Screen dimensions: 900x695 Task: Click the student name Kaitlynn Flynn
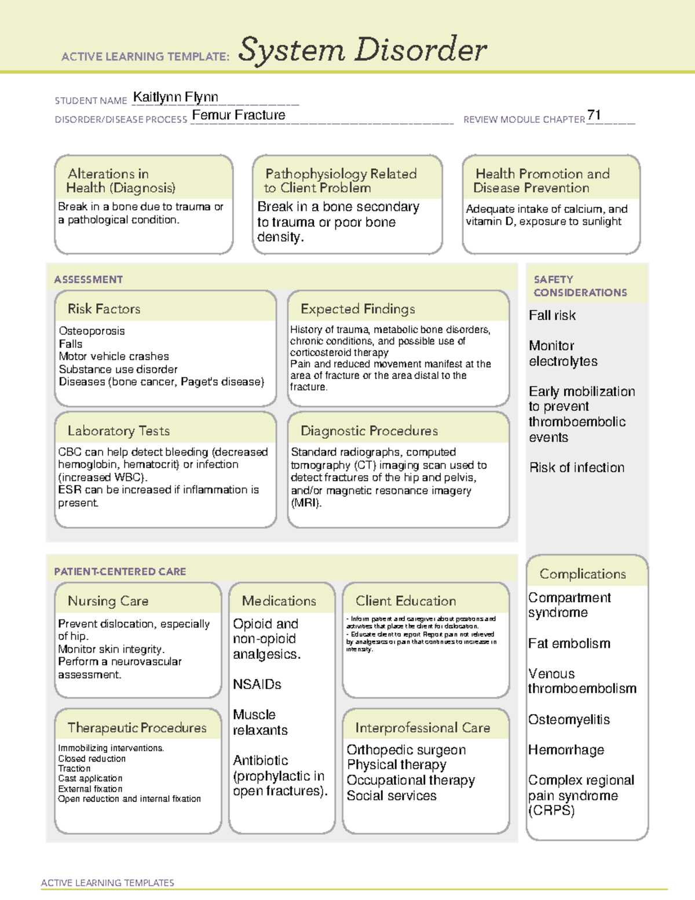tap(175, 97)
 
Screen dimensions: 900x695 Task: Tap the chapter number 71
tap(594, 115)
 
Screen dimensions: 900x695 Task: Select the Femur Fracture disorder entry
tap(239, 115)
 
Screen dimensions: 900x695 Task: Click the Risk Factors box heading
tap(104, 309)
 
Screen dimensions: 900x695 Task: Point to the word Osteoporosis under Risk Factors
tap(92, 331)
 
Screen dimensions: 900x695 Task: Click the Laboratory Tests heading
tap(118, 431)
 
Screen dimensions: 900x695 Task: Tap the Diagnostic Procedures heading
tap(369, 431)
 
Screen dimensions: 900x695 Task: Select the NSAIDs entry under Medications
tap(257, 684)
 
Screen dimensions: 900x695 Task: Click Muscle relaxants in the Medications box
tap(259, 722)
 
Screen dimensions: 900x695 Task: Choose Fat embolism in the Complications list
tap(569, 643)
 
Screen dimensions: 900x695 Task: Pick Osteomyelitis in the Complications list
tap(568, 720)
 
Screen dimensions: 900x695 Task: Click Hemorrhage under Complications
tap(566, 750)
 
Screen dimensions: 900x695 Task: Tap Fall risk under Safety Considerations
tap(552, 316)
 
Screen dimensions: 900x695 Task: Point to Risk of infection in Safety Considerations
tap(576, 468)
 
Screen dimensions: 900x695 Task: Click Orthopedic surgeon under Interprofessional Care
tap(406, 750)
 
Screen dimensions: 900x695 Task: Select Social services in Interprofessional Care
tap(392, 796)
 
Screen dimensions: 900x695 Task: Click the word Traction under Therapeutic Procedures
tap(74, 768)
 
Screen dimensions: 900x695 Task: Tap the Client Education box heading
tap(405, 601)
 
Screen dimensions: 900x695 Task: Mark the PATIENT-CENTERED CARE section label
tap(120, 571)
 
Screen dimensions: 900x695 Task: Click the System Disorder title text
tap(363, 50)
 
